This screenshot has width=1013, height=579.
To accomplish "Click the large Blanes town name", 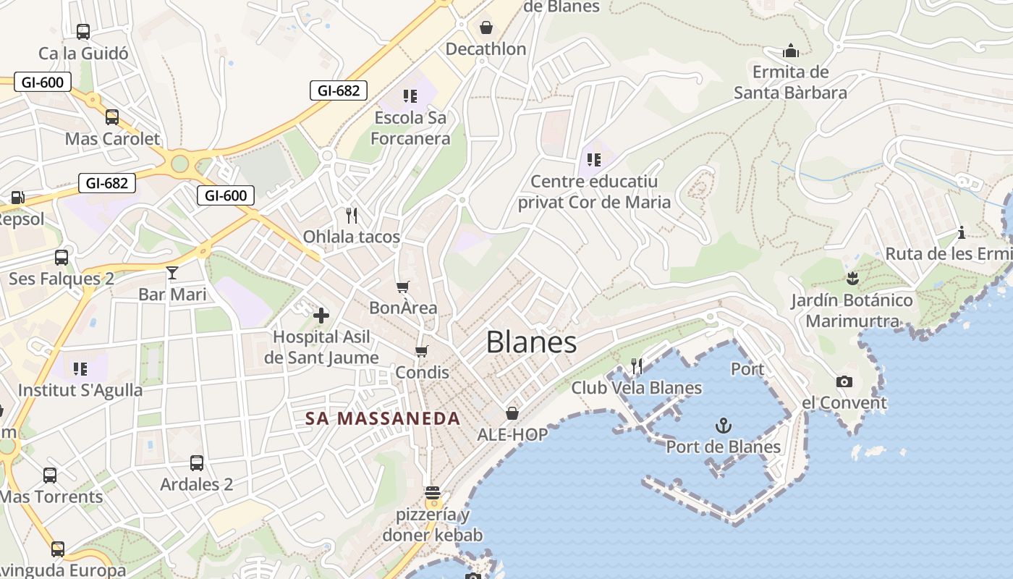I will point(531,342).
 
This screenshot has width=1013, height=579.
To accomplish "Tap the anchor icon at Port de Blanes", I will point(723,425).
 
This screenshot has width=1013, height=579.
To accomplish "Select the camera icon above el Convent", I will point(844,381).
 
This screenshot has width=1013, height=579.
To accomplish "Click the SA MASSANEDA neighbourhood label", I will point(383,418).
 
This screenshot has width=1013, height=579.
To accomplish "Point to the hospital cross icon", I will point(321,315).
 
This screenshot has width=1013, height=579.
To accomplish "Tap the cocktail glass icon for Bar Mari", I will point(172,273).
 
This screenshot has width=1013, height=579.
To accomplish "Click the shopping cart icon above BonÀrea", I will point(403,287).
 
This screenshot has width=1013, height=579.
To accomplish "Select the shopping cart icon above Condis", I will point(422,351).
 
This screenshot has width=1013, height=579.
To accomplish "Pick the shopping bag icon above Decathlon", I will point(486,28).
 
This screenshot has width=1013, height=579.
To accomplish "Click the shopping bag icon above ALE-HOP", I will point(512,413).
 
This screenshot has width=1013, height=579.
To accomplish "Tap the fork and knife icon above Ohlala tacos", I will point(352,215).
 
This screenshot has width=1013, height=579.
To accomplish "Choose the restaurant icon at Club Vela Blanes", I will point(637,366).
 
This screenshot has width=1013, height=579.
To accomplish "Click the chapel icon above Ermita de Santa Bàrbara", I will point(790,51).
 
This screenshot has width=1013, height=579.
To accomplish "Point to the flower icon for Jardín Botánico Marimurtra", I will point(852,278).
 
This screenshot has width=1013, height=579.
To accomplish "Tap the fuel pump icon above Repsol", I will point(17,197).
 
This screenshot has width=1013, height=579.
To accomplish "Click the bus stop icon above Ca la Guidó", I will point(83,32).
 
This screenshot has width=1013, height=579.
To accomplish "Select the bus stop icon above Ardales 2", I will point(196,463).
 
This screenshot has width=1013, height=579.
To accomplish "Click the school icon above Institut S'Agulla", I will point(80,369).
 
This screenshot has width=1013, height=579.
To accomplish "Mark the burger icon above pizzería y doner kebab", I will point(433,494).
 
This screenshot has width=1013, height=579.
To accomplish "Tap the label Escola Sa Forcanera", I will point(410,127).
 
